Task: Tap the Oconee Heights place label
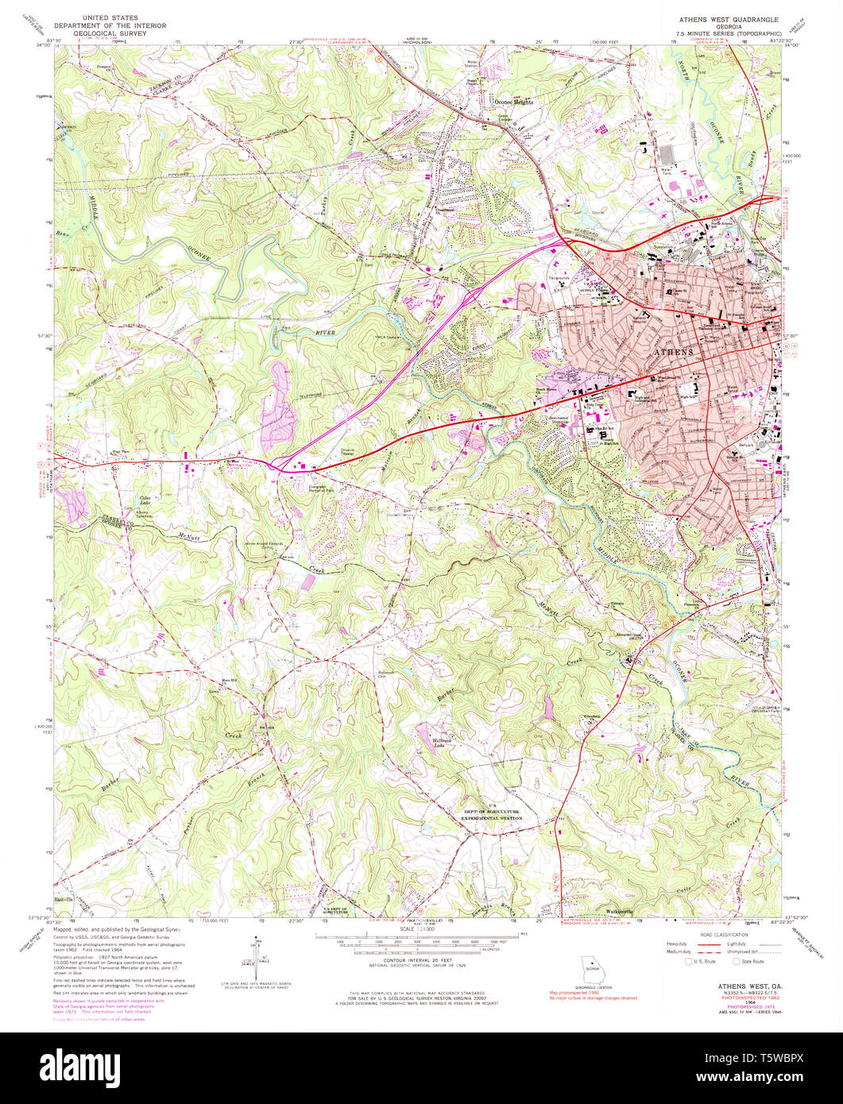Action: (512, 102)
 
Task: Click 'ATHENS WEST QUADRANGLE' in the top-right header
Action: (728, 18)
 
